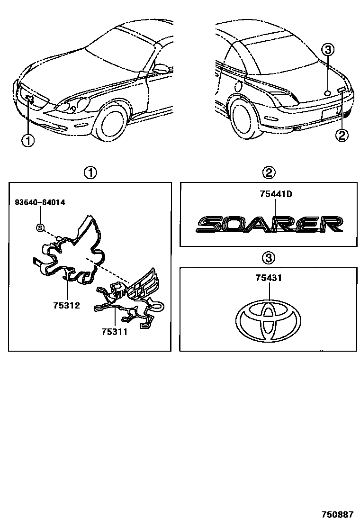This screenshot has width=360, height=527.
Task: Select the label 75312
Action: click(66, 305)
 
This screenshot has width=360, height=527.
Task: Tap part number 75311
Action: click(115, 332)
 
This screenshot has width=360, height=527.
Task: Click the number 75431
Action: click(269, 278)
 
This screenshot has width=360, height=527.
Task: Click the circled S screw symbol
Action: click(40, 228)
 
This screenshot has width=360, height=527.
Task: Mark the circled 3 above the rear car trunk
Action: click(328, 49)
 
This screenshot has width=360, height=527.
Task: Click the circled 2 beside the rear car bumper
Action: click(342, 136)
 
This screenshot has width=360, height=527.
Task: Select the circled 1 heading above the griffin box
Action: click(90, 173)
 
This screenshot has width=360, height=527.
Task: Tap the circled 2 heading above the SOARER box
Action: click(269, 173)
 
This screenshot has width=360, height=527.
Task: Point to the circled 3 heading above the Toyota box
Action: click(268, 258)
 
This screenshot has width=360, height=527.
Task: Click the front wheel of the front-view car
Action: click(112, 125)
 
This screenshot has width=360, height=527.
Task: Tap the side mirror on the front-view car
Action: click(161, 69)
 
